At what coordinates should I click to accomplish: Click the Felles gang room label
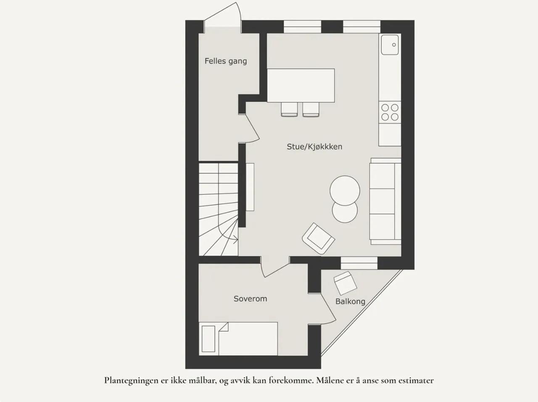(x=226, y=61)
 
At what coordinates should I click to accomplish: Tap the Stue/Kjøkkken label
(x=314, y=146)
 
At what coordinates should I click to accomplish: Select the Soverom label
(x=250, y=299)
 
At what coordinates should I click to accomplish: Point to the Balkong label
(x=350, y=302)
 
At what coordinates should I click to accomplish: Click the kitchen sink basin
(x=390, y=45)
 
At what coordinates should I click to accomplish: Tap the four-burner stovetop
(x=390, y=112)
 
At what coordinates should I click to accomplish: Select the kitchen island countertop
(x=301, y=85)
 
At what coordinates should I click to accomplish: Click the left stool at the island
(x=289, y=109)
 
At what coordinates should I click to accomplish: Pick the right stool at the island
(x=311, y=109)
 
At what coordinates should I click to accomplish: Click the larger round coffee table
(x=345, y=191)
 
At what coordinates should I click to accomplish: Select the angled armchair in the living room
(x=319, y=239)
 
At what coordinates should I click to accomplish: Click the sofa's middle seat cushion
(x=382, y=201)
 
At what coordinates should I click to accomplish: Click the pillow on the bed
(x=208, y=339)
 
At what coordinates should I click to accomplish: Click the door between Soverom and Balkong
(x=328, y=309)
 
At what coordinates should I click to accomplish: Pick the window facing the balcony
(x=359, y=263)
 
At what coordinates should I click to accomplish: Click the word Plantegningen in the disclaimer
(x=132, y=381)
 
